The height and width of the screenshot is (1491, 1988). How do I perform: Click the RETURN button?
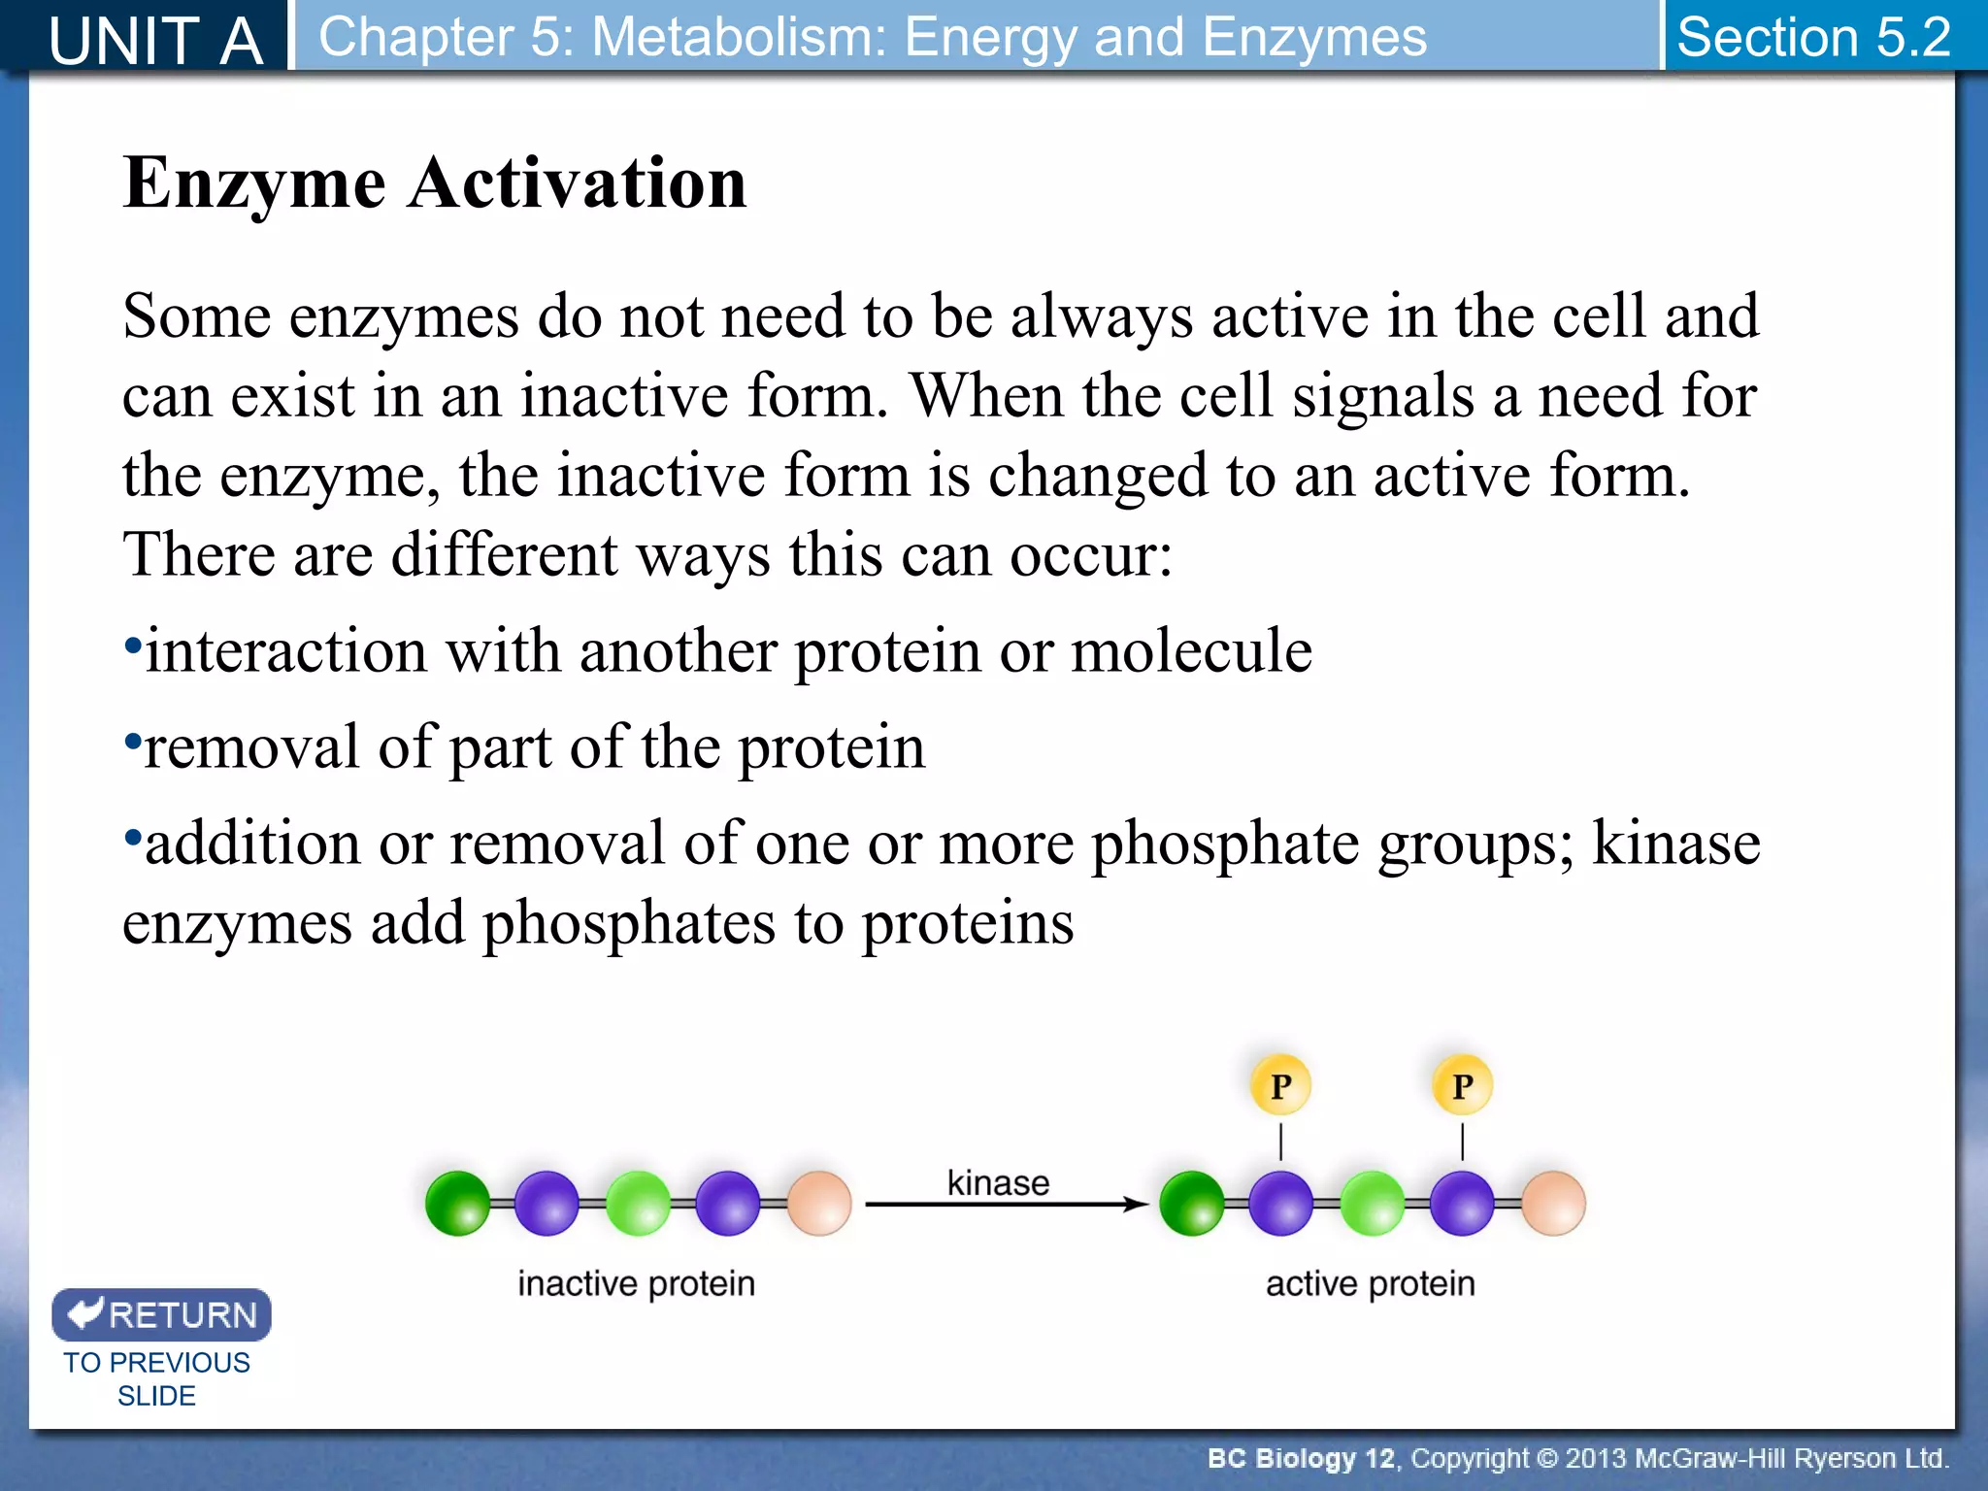[161, 1314]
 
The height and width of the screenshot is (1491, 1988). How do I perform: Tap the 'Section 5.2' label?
[1813, 37]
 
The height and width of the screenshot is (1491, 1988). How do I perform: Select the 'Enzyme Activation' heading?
[435, 182]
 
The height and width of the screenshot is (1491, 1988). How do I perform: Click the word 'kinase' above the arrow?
[998, 1182]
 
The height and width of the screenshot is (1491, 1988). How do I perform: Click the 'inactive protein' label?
[636, 1283]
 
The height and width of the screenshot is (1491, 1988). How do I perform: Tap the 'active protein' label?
[1370, 1283]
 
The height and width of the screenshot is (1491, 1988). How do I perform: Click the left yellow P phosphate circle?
[1280, 1085]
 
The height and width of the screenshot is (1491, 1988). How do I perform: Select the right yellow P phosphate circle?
[1462, 1085]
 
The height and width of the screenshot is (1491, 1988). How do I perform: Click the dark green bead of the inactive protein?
[457, 1204]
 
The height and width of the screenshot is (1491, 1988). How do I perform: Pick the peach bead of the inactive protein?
[819, 1204]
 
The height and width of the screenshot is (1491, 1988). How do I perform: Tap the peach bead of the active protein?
[1553, 1204]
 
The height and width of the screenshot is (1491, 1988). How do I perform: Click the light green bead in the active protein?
[1372, 1204]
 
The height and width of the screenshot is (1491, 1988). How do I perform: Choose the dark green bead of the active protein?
[1191, 1204]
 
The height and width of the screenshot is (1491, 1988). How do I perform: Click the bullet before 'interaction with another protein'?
[133, 645]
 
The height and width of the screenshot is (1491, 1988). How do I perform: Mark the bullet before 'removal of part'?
[133, 742]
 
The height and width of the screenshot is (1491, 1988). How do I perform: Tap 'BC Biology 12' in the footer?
[1300, 1458]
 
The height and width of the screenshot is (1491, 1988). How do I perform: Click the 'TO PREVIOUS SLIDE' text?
[156, 1378]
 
